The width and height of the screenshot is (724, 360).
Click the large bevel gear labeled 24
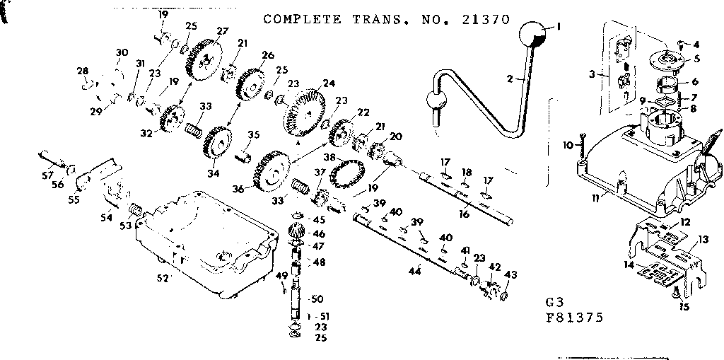pyautogui.click(x=304, y=113)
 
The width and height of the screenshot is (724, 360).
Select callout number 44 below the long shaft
pyautogui.click(x=414, y=269)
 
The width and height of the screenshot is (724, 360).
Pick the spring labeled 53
pyautogui.click(x=133, y=210)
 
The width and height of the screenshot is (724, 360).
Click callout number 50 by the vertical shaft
pyautogui.click(x=317, y=299)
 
